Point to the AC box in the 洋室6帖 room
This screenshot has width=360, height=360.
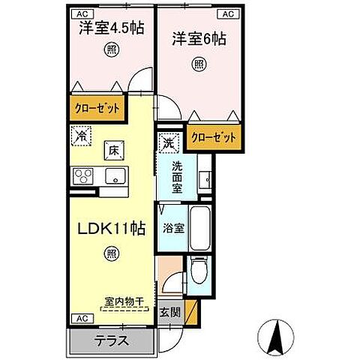click(x=227, y=13)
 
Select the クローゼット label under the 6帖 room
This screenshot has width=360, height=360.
click(x=214, y=138)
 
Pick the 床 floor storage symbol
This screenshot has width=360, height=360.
click(x=113, y=150)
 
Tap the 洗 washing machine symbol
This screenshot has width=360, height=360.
click(x=168, y=140)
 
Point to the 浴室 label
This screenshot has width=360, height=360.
click(x=173, y=227)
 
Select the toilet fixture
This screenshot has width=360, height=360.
click(x=198, y=271)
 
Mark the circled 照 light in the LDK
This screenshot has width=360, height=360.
click(x=112, y=253)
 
